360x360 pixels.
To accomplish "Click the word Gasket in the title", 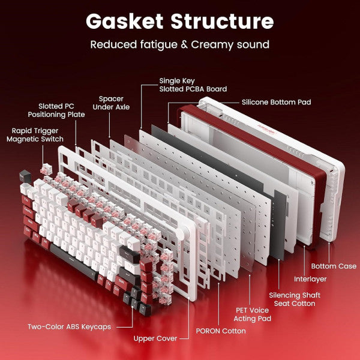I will pyautogui.click(x=125, y=21).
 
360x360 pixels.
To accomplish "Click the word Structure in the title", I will pyautogui.click(x=223, y=21).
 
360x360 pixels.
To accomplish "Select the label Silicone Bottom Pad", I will pyautogui.click(x=276, y=102).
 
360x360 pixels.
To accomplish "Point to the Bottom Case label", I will pyautogui.click(x=333, y=266).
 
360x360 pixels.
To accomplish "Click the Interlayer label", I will pyautogui.click(x=310, y=279).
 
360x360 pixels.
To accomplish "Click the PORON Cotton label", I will pyautogui.click(x=221, y=331).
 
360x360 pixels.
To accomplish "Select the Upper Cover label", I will pyautogui.click(x=155, y=338).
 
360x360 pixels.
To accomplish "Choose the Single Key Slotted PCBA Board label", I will pyautogui.click(x=193, y=85).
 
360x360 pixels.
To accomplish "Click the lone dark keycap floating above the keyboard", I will pyautogui.click(x=25, y=176).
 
